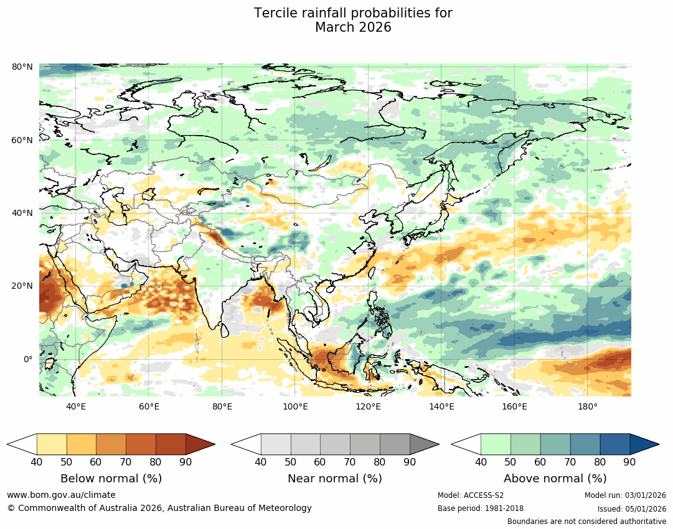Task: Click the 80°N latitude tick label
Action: [x=22, y=67]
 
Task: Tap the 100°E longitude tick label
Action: [x=295, y=407]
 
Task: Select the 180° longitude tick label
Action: [x=588, y=407]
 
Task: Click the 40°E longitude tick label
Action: [x=76, y=407]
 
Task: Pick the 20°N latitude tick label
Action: [x=22, y=286]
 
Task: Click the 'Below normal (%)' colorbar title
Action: [x=111, y=479]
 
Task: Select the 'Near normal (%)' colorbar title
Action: [x=335, y=479]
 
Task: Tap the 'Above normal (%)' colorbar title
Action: [x=555, y=479]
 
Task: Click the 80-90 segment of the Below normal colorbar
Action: [x=171, y=444]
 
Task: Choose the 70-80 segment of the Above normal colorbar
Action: [x=585, y=444]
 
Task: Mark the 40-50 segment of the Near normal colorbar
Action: [x=276, y=444]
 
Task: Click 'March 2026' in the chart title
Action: [x=353, y=27]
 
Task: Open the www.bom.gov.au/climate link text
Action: [x=61, y=495]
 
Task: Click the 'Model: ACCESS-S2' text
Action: [x=471, y=495]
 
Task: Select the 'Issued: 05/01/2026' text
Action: [x=631, y=508]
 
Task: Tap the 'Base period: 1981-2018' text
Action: [x=481, y=508]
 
